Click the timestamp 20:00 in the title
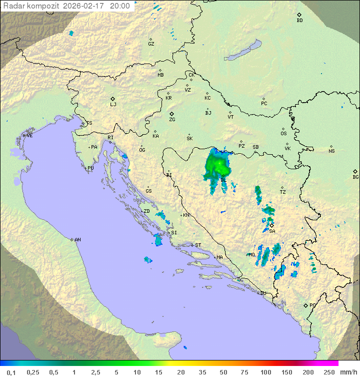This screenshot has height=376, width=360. (119, 7)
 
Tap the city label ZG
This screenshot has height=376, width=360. (172, 120)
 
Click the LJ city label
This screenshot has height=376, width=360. (113, 104)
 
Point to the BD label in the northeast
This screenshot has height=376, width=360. (299, 21)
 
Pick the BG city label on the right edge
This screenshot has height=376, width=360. (355, 177)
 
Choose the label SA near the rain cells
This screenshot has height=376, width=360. (272, 231)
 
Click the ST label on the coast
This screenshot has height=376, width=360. (198, 245)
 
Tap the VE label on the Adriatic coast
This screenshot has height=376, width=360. (29, 136)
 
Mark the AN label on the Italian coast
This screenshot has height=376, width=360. (77, 240)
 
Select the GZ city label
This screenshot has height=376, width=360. (151, 44)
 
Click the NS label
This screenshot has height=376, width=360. (331, 151)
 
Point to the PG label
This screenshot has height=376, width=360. (312, 305)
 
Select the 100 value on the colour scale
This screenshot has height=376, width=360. (265, 372)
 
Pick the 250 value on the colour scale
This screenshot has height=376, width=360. (328, 372)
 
